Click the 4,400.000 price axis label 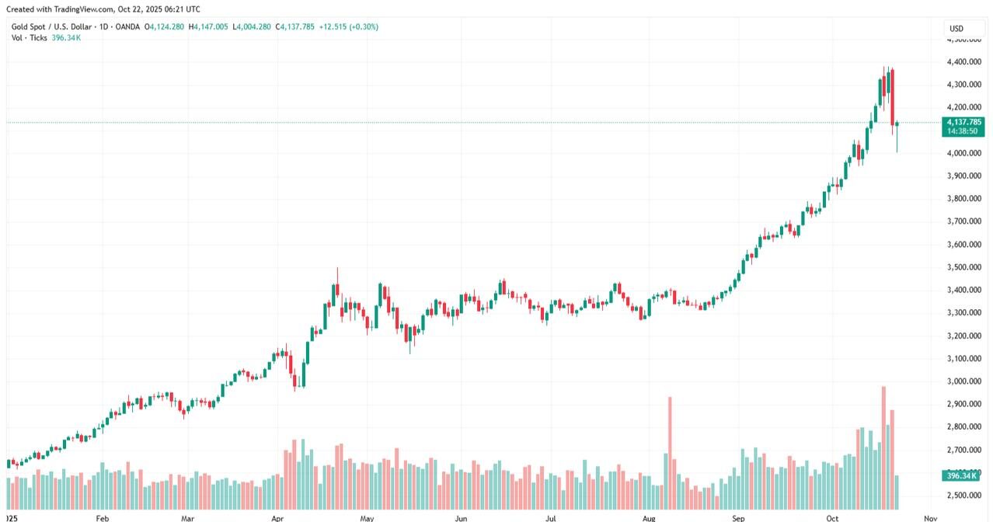(962, 61)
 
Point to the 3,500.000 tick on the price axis (962, 267)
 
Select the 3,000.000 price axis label (962, 381)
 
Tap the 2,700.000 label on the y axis (962, 450)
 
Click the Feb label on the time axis (102, 517)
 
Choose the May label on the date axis (368, 517)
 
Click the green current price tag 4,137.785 (963, 122)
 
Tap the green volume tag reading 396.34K (962, 475)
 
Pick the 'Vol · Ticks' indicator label (30, 37)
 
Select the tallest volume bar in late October (883, 447)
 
